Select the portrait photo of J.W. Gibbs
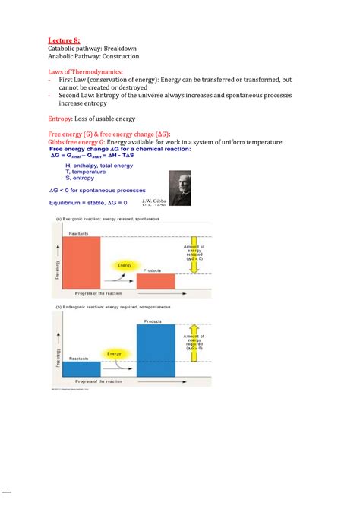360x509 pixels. [180, 184]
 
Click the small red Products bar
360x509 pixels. [156, 281]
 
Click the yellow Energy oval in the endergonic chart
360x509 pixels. [115, 353]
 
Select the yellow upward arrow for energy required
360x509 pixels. [193, 349]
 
